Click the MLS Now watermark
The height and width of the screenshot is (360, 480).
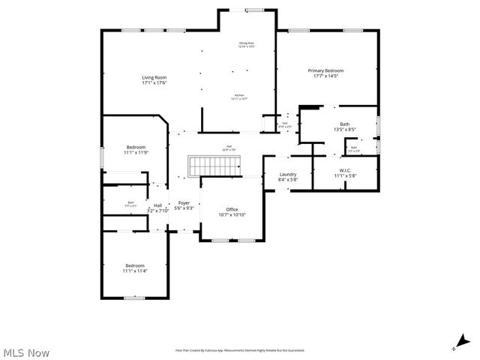coord(26,351)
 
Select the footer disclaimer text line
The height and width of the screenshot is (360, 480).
coord(240,350)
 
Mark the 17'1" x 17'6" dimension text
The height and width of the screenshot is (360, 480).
coord(154,83)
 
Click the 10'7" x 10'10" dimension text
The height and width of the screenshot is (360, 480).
coord(232,215)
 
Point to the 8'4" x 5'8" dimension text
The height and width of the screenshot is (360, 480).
coord(287,180)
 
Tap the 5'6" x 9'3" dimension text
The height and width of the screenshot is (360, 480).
coord(184,208)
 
